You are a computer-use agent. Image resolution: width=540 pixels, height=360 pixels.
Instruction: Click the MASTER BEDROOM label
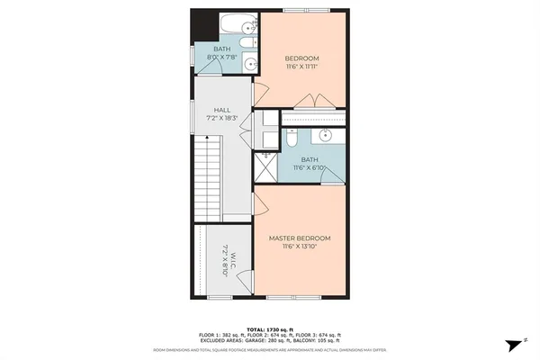[306, 238]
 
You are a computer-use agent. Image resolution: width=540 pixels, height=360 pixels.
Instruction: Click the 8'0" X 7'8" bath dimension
[223, 58]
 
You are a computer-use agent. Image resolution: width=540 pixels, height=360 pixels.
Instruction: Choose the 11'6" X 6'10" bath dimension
[311, 167]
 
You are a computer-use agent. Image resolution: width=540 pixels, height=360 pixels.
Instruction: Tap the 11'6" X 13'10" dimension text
[306, 246]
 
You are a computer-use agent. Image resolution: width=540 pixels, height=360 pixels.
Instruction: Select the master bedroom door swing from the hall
[261, 202]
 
